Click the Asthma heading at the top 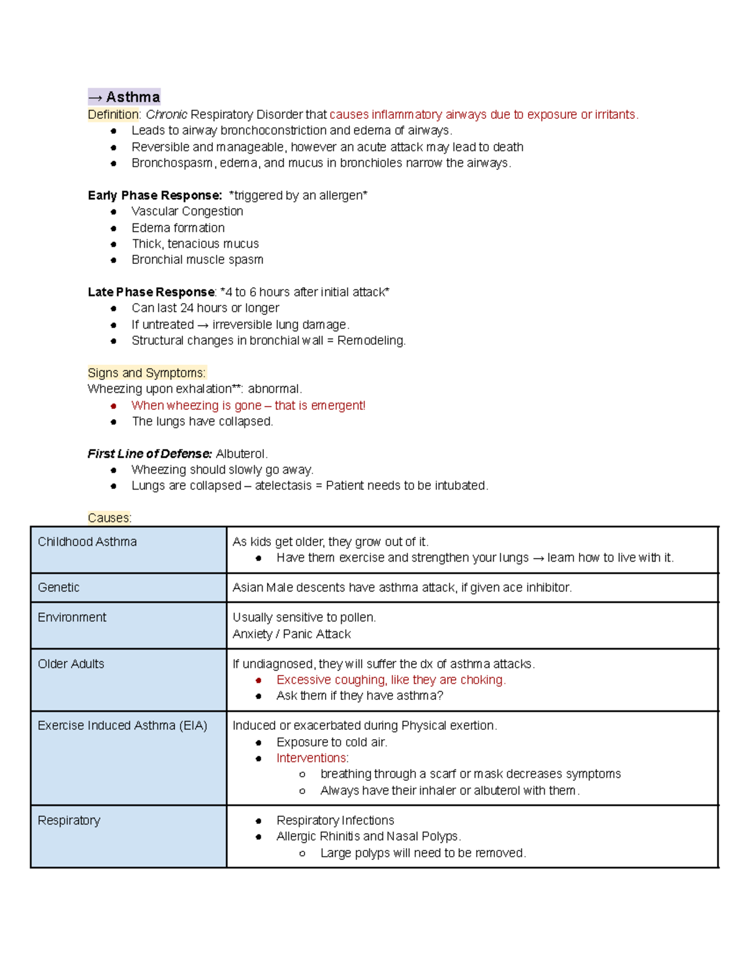125,97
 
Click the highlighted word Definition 113,115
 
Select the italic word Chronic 166,115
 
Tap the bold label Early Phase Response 154,196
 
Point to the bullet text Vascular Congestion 187,212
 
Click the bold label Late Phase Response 151,292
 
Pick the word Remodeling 371,341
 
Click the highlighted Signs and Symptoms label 146,373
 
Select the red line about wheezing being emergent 248,405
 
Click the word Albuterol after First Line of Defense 241,454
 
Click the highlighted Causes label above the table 109,518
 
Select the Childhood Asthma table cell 87,542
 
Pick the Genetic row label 59,588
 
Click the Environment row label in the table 72,618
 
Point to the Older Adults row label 71,664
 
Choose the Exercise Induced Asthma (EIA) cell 122,726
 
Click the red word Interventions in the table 312,758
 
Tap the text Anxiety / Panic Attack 291,634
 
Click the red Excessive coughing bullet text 390,680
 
